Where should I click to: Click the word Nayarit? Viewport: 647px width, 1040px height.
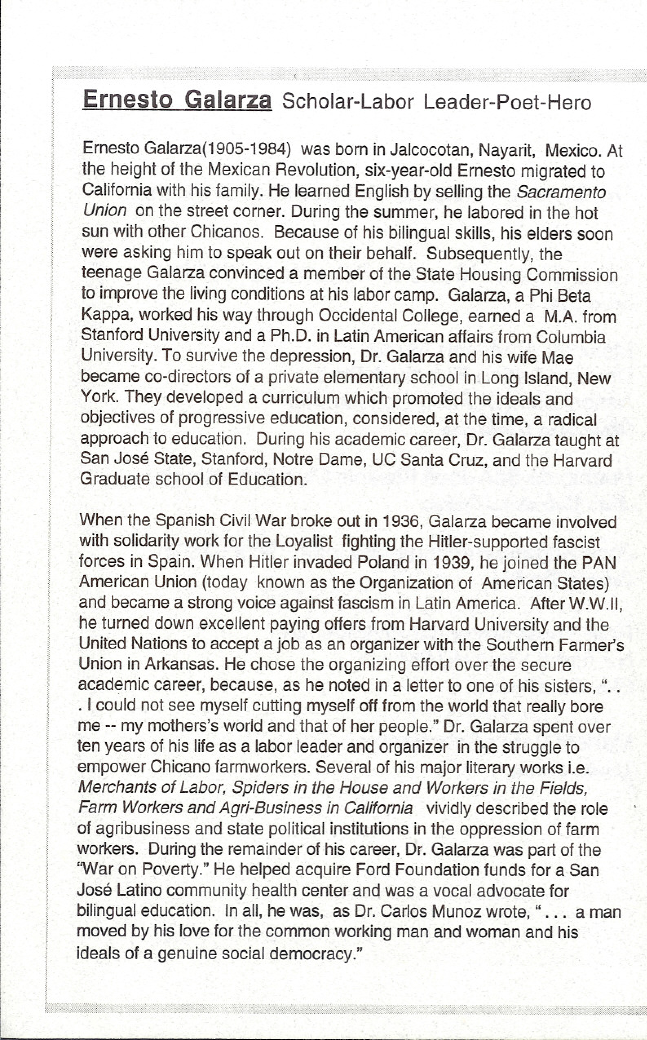[x=508, y=150]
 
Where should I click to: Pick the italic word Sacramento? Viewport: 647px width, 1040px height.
[x=561, y=192]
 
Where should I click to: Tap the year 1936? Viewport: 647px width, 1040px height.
[x=401, y=521]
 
